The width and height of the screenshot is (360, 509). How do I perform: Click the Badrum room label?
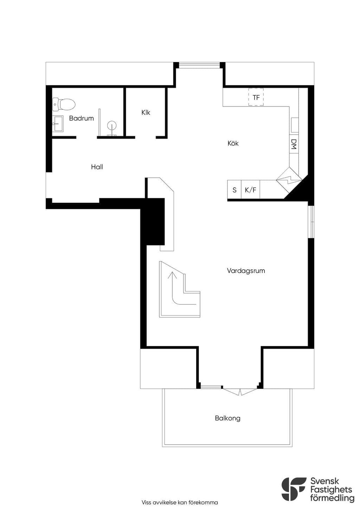coord(81,118)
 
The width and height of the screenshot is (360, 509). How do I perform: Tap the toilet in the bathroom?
coord(64,104)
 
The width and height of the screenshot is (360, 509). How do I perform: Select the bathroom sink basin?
coord(58,124)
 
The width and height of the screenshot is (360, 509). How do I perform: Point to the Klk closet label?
coord(146,112)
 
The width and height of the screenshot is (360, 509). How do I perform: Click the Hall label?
coord(97,167)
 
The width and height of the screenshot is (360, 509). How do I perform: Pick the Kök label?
coord(233,143)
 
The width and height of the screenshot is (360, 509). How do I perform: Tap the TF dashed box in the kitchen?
coord(256,97)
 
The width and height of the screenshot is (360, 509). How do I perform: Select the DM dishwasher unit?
coord(294,144)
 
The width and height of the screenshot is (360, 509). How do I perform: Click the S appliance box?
coord(234,190)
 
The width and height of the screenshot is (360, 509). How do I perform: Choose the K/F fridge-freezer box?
coord(250,190)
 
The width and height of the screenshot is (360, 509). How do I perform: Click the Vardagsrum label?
coord(246,271)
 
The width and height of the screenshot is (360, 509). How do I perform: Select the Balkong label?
coord(227,418)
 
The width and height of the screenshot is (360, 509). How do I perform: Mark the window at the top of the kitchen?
coord(200,65)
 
